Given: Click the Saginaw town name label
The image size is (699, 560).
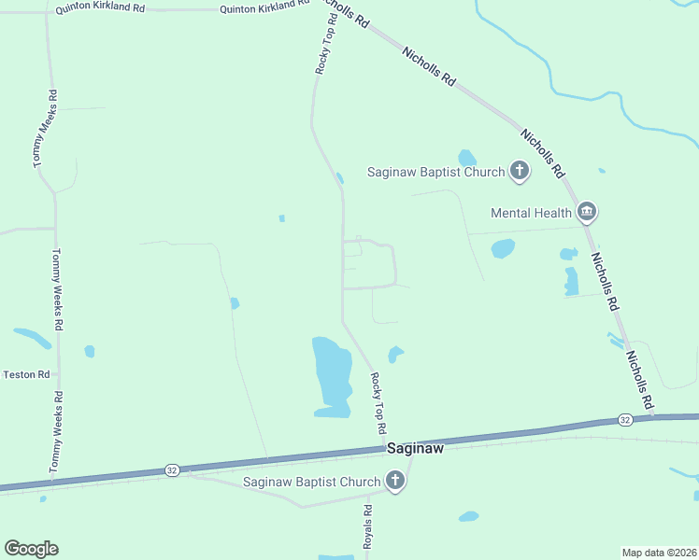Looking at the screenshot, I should tap(415, 449).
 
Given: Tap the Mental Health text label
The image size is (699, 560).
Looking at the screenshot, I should tap(531, 213).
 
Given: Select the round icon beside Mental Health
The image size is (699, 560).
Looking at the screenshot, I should tap(587, 213).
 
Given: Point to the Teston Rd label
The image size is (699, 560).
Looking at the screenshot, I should tap(26, 374).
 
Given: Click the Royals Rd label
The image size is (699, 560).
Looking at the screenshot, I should tap(368, 526).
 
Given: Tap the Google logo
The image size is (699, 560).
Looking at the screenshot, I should tap(31, 549).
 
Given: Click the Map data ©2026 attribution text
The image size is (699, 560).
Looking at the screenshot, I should tap(659, 553).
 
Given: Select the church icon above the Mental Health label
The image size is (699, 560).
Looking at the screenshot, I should tap(520, 172).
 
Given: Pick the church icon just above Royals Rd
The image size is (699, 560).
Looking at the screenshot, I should tap(395, 482).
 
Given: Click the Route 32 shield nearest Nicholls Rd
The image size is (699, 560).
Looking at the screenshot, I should tap(624, 421).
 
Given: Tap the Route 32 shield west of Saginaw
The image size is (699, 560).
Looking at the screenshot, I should tap(171, 469).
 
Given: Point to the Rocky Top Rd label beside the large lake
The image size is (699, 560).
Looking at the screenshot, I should tap(378, 404).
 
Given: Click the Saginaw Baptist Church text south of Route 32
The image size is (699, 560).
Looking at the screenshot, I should tap(311, 483).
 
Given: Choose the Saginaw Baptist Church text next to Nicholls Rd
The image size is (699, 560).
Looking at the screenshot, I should tap(435, 172).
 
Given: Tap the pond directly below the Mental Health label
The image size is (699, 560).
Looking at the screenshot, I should tap(503, 248).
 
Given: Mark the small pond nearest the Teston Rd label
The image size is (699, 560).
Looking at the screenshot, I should tap(89, 351).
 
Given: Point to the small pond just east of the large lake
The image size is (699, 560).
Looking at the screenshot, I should tap(395, 354).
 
